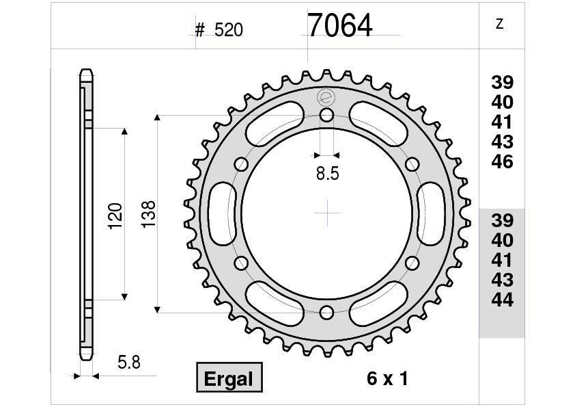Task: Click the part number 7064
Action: click(339, 26)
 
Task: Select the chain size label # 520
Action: click(219, 29)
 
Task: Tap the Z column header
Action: click(499, 25)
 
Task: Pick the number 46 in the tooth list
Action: click(502, 162)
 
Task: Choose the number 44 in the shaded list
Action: click(502, 300)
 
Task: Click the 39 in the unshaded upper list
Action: click(502, 83)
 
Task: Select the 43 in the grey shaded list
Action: click(502, 280)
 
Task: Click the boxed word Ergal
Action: click(229, 378)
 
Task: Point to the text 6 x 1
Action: click(387, 378)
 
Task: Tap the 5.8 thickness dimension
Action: click(128, 363)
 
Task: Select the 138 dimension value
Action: click(148, 214)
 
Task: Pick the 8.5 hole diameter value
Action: click(327, 174)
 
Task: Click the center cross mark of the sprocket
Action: click(327, 213)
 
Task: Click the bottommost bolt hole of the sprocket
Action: click(327, 313)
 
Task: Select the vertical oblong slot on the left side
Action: click(221, 213)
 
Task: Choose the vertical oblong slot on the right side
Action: click(433, 213)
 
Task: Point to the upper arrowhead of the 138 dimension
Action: click(157, 119)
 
